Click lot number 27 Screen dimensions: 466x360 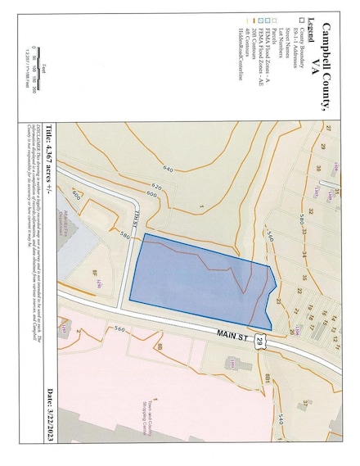[326, 129]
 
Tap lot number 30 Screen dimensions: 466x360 [317, 168]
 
